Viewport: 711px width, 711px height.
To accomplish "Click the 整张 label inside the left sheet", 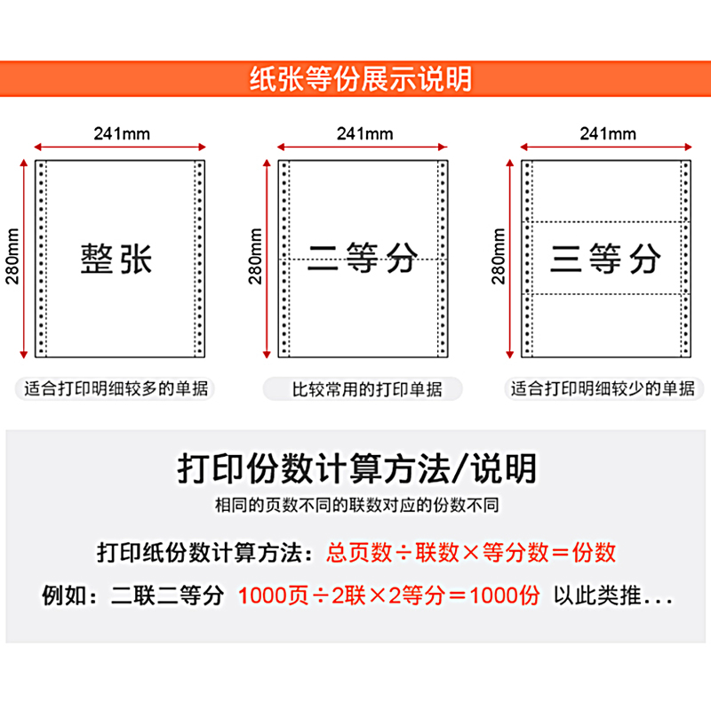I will tap(117, 259).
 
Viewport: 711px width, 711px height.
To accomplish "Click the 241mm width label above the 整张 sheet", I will tap(122, 134).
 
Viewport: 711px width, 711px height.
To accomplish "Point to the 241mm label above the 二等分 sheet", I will tap(364, 134).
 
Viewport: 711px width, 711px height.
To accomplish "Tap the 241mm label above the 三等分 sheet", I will tap(608, 134).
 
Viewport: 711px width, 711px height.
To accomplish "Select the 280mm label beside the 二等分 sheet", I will tap(256, 258).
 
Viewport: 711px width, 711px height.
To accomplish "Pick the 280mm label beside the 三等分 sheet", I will tap(499, 258).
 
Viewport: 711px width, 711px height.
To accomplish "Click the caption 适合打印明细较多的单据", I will tap(119, 388).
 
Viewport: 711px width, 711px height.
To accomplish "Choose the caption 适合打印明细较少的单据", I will tap(604, 388).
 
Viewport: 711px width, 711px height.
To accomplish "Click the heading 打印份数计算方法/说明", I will tap(356, 467).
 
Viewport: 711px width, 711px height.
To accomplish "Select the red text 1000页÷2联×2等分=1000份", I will tap(388, 595).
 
